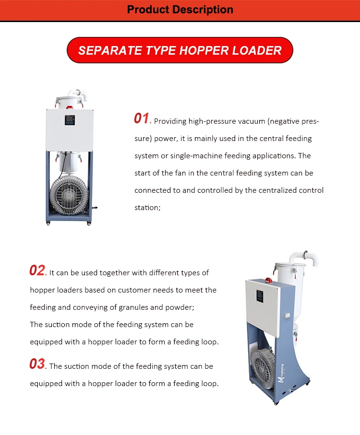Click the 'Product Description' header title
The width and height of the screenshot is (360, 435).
pyautogui.click(x=180, y=10)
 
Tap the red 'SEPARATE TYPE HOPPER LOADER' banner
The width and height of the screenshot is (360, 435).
pyautogui.click(x=180, y=50)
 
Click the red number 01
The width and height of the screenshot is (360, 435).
pyautogui.click(x=142, y=118)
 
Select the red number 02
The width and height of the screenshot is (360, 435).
pyautogui.click(x=37, y=270)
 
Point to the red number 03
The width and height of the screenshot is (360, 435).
pyautogui.click(x=37, y=364)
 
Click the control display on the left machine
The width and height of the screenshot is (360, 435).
pyautogui.click(x=70, y=120)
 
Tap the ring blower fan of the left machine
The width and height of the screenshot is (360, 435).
pyautogui.click(x=69, y=195)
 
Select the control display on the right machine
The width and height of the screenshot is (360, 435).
pyautogui.click(x=260, y=296)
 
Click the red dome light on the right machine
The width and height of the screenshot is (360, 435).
pyautogui.click(x=268, y=280)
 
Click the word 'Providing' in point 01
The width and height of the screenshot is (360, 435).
pyautogui.click(x=170, y=121)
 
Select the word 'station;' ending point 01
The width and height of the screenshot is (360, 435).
pyautogui.click(x=148, y=208)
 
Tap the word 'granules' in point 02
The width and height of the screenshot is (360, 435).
pyautogui.click(x=133, y=307)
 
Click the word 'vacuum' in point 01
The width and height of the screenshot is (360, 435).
pyautogui.click(x=252, y=121)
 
